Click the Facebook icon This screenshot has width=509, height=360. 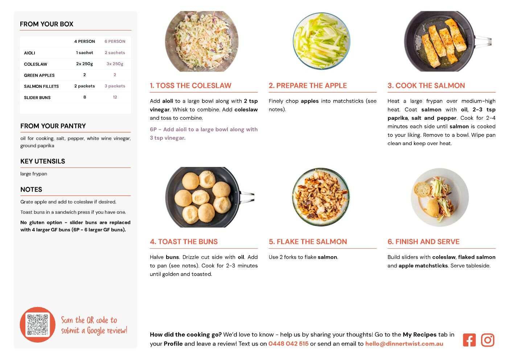click(469, 340)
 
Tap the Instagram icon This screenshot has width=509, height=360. click(488, 340)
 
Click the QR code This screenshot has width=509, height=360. click(38, 324)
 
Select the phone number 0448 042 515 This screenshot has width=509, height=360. click(288, 344)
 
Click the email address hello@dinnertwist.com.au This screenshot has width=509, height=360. click(404, 344)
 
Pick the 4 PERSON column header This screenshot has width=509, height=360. click(85, 41)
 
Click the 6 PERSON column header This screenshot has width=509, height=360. click(115, 41)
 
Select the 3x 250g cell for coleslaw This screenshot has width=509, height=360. click(115, 64)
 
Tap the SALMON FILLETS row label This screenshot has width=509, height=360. click(41, 86)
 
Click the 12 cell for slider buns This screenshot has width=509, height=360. click(115, 97)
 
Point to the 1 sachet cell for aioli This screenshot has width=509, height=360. click(85, 53)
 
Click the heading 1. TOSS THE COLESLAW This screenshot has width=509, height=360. click(190, 85)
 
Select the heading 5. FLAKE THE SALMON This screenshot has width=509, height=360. click(308, 242)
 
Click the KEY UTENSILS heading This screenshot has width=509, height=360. click(43, 161)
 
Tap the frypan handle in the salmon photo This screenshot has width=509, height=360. click(483, 42)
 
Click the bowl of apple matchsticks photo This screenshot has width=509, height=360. click(321, 41)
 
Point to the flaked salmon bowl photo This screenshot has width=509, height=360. click(321, 197)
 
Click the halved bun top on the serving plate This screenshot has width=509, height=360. click(422, 190)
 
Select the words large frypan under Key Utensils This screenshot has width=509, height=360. click(34, 174)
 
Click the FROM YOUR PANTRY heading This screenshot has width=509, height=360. click(53, 126)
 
